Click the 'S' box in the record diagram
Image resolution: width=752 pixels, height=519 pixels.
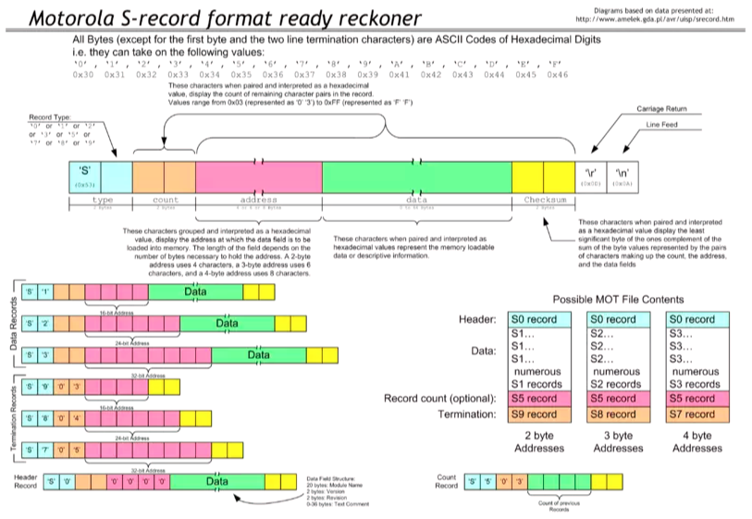coord(84,174)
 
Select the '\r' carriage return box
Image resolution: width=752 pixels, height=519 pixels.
coord(590,174)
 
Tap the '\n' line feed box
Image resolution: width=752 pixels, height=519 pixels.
coord(622,174)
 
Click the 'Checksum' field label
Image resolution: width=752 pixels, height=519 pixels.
coord(543,199)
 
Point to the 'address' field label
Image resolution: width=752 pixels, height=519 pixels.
coord(258,199)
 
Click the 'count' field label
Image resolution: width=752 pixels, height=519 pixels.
coord(165,199)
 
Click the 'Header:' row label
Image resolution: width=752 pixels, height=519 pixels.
coord(478,319)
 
